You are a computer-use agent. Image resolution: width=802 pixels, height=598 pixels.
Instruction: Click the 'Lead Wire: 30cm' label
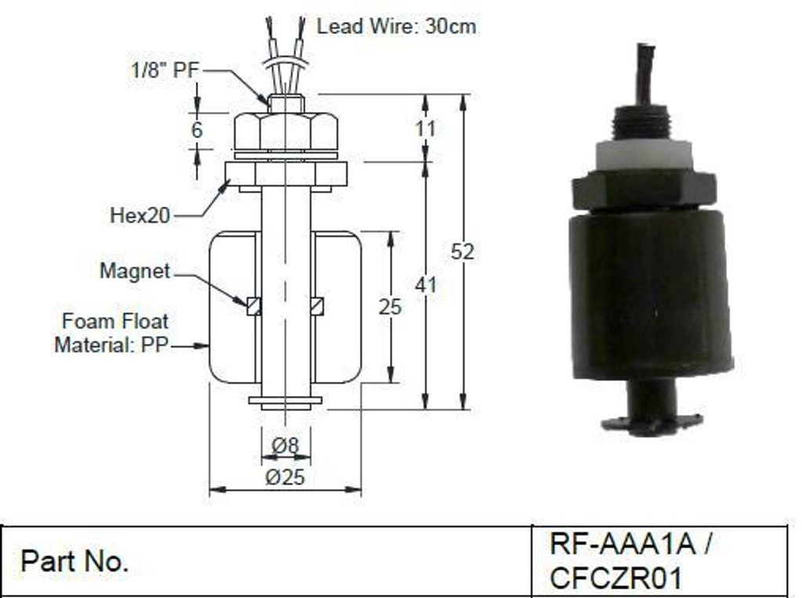coord(396,26)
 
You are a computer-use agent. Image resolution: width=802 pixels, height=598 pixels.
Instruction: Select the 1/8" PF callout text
coord(164,70)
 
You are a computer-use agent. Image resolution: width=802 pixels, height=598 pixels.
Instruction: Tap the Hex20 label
coord(139,215)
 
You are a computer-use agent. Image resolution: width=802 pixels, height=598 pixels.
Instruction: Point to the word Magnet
coord(135,270)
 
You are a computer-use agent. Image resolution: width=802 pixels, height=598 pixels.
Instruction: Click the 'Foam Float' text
coord(115,321)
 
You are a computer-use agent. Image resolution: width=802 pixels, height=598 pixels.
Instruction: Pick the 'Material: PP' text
coord(111,344)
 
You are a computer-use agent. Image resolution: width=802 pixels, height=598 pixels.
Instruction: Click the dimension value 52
coord(462,251)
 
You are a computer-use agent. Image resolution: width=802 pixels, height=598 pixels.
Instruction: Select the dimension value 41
coord(425,285)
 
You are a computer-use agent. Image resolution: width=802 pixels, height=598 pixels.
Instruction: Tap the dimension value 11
coord(425,128)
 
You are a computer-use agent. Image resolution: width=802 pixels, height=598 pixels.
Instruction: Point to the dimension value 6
coord(197,130)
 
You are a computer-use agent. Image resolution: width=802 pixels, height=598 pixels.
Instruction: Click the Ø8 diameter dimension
coord(285,445)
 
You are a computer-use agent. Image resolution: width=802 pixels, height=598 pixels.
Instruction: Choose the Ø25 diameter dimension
coord(285,477)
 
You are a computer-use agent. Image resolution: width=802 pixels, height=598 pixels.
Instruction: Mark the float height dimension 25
coord(390,307)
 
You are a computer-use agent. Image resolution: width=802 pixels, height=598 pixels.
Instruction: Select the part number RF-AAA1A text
coord(623,544)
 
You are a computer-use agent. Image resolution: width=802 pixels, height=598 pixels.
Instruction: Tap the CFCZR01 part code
coord(616,578)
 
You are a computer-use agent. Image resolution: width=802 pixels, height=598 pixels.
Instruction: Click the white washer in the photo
coord(644,158)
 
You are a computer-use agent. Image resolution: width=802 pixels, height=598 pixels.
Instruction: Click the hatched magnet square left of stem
coord(254,305)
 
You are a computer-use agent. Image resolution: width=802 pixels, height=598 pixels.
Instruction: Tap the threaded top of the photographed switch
coord(643,123)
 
